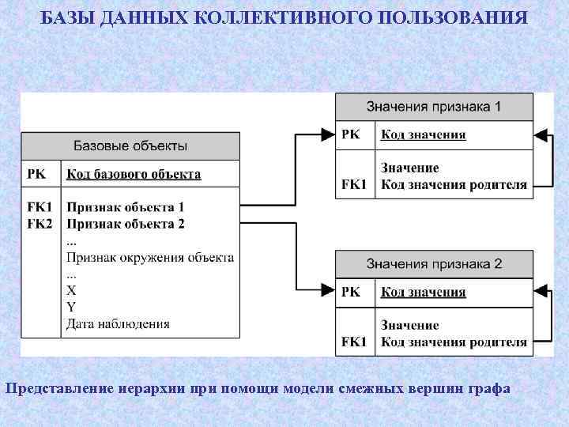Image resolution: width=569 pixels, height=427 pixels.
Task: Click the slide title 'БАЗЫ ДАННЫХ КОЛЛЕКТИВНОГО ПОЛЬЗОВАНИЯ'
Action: (x=284, y=17)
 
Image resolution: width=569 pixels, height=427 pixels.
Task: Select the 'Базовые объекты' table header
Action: (x=130, y=145)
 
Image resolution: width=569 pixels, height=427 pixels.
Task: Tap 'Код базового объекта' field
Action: (x=134, y=174)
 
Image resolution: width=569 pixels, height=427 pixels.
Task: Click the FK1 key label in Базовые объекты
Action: (x=40, y=207)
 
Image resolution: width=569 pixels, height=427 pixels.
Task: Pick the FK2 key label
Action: (x=40, y=224)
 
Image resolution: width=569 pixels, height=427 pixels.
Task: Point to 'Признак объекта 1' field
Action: (x=126, y=207)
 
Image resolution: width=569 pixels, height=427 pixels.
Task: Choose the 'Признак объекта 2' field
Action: (x=126, y=224)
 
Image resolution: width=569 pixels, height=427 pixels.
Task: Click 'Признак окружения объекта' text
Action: (x=150, y=257)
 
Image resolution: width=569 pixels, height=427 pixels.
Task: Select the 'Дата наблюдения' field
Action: (x=118, y=323)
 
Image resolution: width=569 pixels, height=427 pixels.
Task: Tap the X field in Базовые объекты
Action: (x=72, y=290)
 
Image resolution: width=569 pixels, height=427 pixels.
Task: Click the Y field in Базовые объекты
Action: (x=72, y=307)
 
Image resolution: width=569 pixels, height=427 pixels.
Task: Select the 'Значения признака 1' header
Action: (x=434, y=106)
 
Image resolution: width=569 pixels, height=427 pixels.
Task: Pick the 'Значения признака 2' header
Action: (x=434, y=263)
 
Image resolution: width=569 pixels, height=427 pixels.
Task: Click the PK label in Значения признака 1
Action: (x=350, y=134)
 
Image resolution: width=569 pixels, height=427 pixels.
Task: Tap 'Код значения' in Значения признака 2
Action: (x=424, y=293)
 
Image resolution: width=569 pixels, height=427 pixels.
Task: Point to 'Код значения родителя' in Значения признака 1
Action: (x=454, y=185)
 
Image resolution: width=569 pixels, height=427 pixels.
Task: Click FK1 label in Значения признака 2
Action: (x=354, y=342)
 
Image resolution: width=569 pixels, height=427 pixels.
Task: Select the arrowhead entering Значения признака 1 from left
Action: (x=328, y=135)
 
